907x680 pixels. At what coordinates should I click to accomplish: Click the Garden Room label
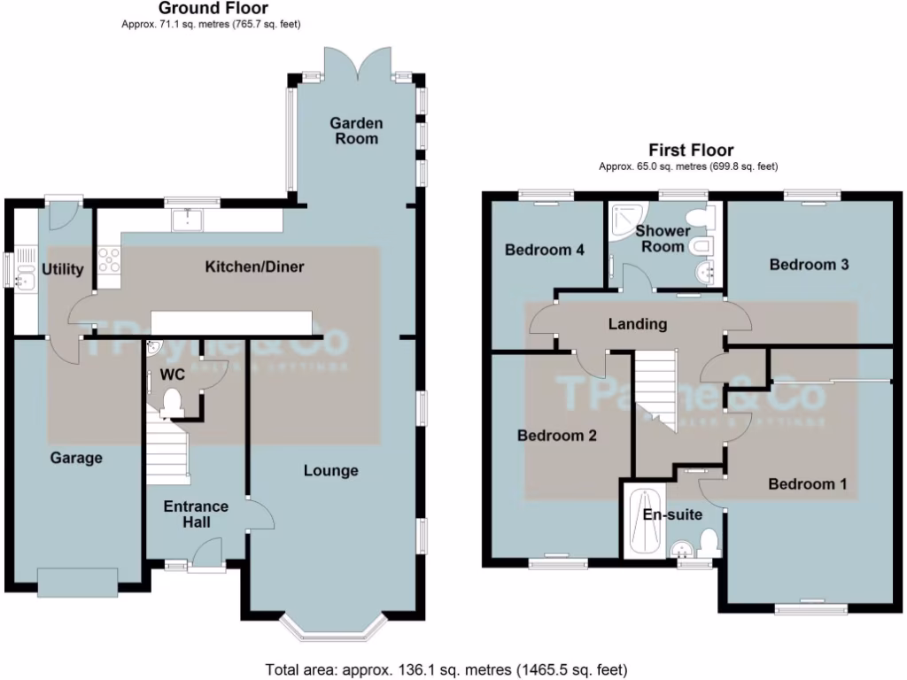(x=356, y=130)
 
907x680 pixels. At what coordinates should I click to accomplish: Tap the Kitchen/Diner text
(x=255, y=267)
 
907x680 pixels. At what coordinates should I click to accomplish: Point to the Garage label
(x=75, y=458)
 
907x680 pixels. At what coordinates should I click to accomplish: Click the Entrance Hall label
(x=196, y=514)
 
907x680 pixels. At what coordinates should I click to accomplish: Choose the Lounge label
(x=330, y=470)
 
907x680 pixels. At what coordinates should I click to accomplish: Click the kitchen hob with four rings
(x=108, y=259)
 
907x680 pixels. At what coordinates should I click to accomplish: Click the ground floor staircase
(x=168, y=452)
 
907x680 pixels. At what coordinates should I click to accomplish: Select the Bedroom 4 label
(x=544, y=251)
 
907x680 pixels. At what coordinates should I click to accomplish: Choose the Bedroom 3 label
(x=809, y=264)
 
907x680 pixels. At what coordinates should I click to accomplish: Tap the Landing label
(x=637, y=324)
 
